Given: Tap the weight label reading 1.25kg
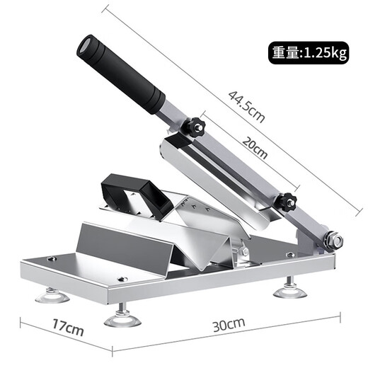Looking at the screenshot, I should click(x=326, y=52).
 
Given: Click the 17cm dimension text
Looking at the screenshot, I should click(x=67, y=330).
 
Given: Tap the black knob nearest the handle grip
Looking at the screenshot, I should click(x=194, y=129).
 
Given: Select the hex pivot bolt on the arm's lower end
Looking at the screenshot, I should click(x=333, y=241).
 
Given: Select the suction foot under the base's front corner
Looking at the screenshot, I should click(x=122, y=319).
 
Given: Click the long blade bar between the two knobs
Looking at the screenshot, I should click(x=241, y=166).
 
